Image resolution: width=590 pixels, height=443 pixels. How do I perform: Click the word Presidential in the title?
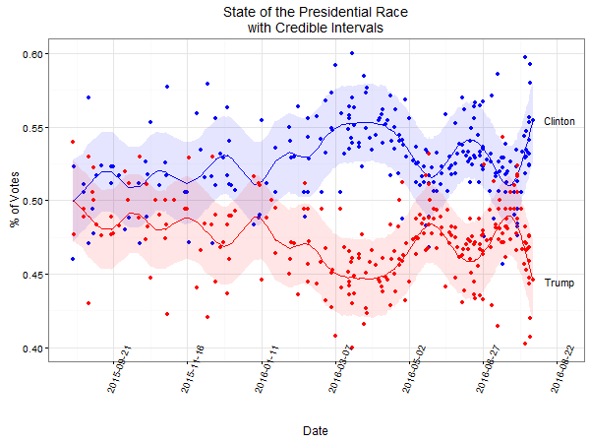(x=310, y=12)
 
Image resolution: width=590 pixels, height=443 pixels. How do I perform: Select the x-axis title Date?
(x=316, y=431)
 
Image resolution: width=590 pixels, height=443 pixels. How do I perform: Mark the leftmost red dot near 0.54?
(x=73, y=142)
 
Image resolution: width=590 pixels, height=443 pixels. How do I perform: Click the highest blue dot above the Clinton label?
(x=525, y=58)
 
